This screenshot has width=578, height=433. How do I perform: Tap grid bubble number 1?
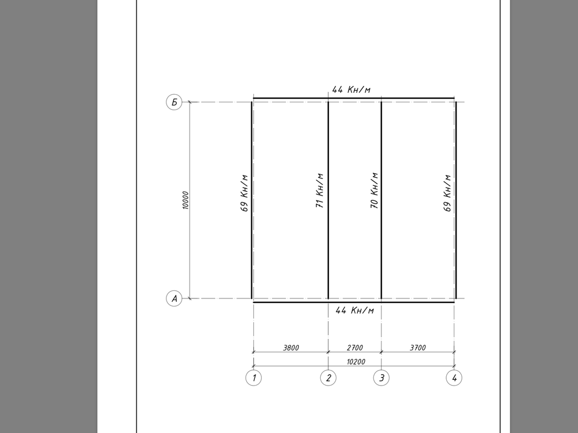(253, 378)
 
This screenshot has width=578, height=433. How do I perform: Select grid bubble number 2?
(328, 378)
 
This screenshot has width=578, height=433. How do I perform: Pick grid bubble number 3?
(381, 378)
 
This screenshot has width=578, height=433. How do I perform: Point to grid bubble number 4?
(454, 378)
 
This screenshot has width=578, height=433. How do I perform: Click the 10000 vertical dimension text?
(186, 200)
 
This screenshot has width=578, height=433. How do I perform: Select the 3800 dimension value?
(291, 348)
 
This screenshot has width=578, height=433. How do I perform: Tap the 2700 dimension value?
(354, 348)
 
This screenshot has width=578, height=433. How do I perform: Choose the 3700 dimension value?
(417, 348)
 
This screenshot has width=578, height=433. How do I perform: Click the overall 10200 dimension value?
(354, 361)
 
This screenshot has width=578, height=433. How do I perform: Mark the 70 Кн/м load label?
(374, 191)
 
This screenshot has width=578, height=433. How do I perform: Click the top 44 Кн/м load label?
(351, 89)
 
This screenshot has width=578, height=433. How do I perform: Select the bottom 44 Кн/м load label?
(355, 311)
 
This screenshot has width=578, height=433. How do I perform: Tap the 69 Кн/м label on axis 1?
(244, 193)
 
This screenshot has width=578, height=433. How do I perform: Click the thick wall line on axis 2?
(328, 248)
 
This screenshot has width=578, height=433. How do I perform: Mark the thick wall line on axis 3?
(381, 248)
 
